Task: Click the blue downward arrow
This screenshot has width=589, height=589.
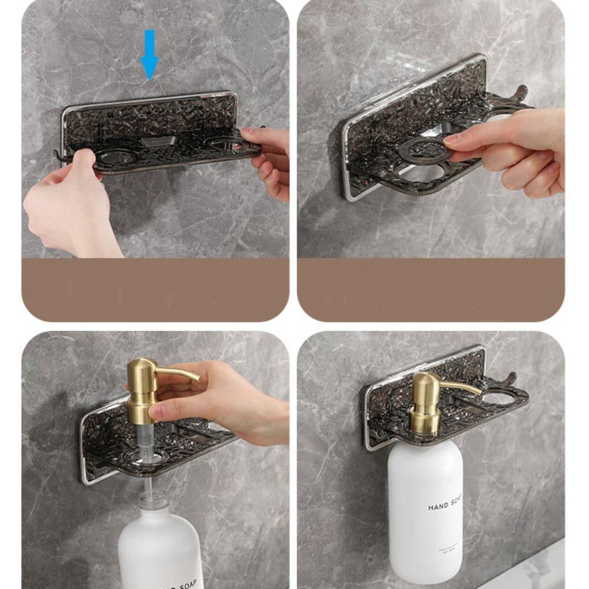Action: (x=150, y=55)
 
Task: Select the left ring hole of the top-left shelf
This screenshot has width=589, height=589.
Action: (x=117, y=157)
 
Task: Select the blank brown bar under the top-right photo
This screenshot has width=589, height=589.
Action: (x=431, y=289)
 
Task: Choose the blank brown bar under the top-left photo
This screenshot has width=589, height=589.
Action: (x=155, y=289)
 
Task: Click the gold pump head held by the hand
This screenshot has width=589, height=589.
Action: (x=142, y=389)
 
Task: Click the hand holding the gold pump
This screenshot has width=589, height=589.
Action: (x=230, y=406)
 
